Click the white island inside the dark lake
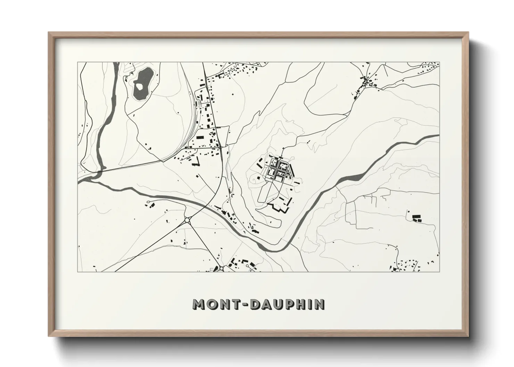pyautogui.click(x=139, y=85)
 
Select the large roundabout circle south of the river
pyautogui.click(x=188, y=220)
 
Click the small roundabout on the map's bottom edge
pyautogui.click(x=221, y=268)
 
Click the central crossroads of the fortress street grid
pyautogui.click(x=277, y=169)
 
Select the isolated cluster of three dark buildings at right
pyautogui.click(x=416, y=218)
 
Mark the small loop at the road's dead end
pyautogui.click(x=148, y=202)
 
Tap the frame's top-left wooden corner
pyautogui.click(x=51, y=34)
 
